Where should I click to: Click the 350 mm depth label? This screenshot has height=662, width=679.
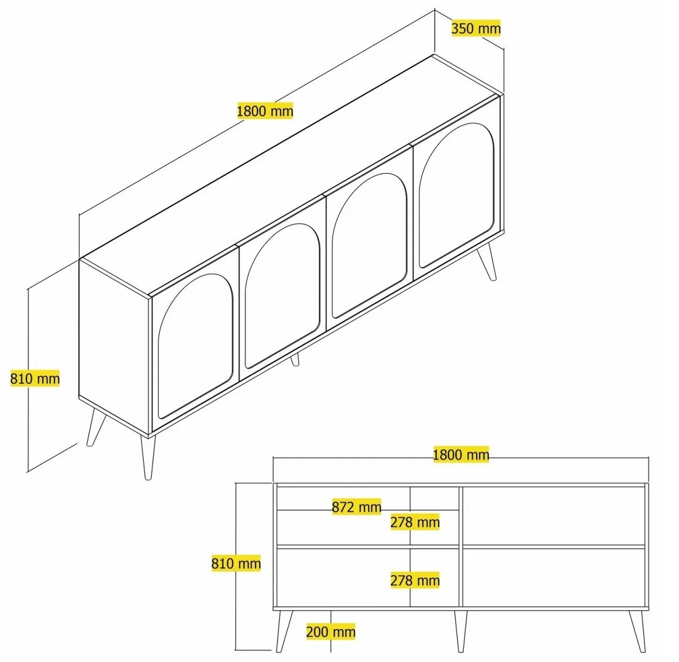click(476, 29)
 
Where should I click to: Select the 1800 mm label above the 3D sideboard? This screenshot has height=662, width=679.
click(265, 111)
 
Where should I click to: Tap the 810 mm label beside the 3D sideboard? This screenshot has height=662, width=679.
click(35, 379)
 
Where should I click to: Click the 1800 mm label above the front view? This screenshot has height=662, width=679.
click(461, 454)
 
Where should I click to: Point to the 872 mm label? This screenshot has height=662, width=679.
click(356, 507)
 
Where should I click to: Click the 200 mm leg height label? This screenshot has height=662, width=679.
click(331, 631)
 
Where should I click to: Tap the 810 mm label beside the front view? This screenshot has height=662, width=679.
click(236, 563)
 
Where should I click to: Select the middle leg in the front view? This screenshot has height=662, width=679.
click(460, 631)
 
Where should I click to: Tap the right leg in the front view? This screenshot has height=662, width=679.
click(638, 631)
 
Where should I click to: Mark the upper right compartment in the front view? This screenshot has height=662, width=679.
click(553, 516)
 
